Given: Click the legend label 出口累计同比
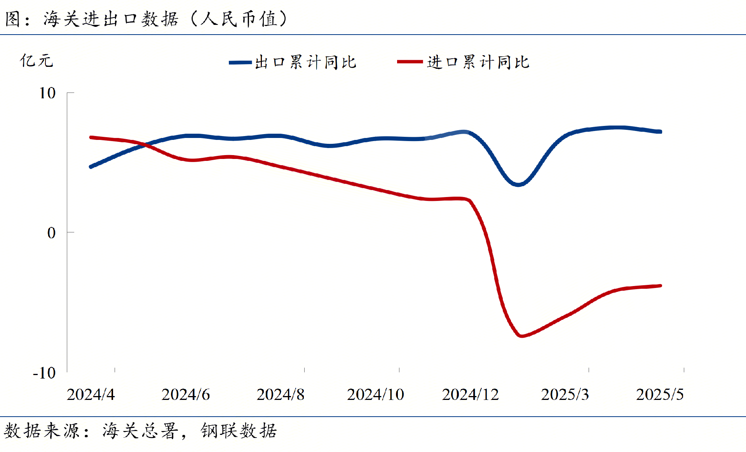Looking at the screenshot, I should tap(305, 62).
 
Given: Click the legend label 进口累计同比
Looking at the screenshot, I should tap(478, 62).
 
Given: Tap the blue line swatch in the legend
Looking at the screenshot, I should tap(240, 62).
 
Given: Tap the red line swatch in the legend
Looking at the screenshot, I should tap(410, 62).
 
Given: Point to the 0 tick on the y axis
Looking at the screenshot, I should tap(51, 233).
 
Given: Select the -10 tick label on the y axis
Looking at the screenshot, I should tap(45, 373).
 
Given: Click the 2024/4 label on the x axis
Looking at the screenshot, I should tap(91, 394).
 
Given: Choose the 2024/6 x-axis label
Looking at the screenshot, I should tap(185, 394).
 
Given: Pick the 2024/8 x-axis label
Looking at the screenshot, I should tap(280, 394).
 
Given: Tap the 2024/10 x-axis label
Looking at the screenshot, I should tap(375, 394).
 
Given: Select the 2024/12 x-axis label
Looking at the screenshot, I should tap(470, 394).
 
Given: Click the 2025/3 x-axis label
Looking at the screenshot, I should tap(565, 394).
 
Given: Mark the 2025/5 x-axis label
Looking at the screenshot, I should tap(660, 394).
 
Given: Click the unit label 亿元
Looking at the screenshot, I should tap(36, 61).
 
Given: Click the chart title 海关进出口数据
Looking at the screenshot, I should tap(111, 19).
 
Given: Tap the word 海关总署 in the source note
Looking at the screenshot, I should tap(140, 431).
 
